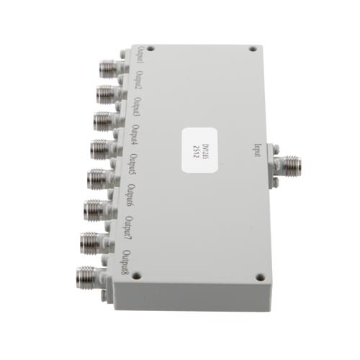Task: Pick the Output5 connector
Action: click(x=97, y=177)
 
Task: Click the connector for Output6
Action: click(x=94, y=210)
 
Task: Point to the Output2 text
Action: click(x=139, y=85)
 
